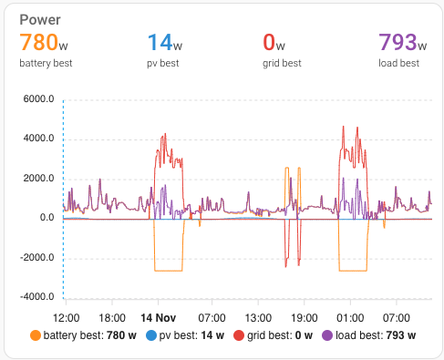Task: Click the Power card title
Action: coord(40,19)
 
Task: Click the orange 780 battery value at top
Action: coord(39,43)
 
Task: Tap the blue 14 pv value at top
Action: coord(160,43)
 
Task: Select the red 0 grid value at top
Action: coord(269,43)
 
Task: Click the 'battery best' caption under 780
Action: coord(46,63)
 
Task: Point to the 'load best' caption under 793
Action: coord(398,63)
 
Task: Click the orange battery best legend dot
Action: coord(36,335)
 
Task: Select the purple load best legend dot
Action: coord(326,335)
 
